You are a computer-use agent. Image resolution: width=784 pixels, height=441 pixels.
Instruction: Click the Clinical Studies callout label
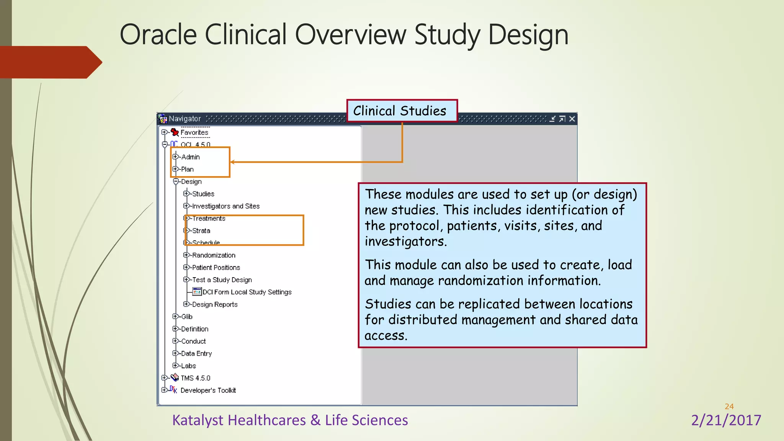(400, 111)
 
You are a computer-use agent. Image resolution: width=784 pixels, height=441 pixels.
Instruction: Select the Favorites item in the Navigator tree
(194, 132)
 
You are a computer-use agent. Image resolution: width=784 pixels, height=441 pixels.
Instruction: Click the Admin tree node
(190, 157)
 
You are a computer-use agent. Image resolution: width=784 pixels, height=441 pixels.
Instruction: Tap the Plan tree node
(187, 169)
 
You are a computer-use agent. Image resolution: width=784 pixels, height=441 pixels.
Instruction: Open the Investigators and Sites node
(225, 206)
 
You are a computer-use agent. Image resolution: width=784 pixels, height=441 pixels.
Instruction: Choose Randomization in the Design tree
(214, 255)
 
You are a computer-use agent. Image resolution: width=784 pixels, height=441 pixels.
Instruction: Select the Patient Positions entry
(216, 268)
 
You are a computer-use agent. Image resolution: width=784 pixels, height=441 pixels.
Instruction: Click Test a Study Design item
(222, 280)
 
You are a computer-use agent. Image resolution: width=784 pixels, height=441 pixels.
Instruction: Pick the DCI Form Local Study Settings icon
(197, 292)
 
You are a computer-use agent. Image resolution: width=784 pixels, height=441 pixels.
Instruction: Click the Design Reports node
(215, 304)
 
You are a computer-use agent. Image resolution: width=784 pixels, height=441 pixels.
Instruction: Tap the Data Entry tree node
(196, 354)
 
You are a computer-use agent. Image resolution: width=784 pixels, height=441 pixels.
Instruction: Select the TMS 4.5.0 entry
(195, 378)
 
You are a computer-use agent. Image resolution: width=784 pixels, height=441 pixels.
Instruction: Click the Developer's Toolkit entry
(208, 390)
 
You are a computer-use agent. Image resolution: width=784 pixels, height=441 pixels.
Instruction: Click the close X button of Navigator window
(572, 119)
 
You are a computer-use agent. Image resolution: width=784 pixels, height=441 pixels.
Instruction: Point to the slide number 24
(729, 407)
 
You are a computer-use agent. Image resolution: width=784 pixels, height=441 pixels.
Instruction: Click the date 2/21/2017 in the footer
(726, 420)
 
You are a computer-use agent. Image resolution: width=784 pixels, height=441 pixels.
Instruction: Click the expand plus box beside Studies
(186, 194)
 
